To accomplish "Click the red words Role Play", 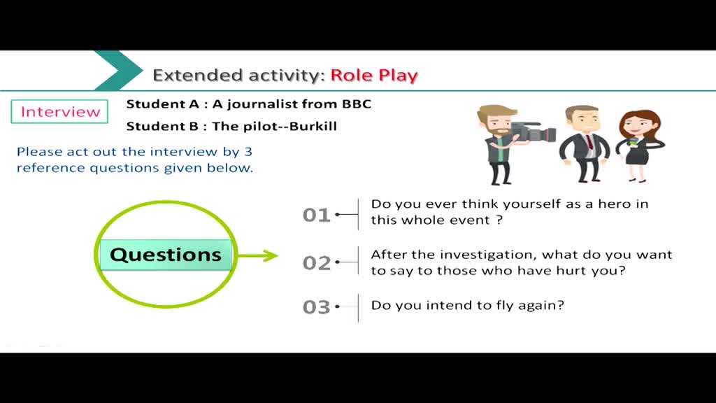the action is pos(374,76).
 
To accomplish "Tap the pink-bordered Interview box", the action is pos(59,111).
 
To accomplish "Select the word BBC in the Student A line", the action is pos(357,104).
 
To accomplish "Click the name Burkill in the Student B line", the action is pos(313,126).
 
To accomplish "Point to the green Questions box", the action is pos(166,255).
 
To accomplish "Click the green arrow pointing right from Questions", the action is pos(257,255).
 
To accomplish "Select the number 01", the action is pos(317,215).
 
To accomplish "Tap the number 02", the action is pos(317,263).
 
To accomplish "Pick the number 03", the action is pos(317,307).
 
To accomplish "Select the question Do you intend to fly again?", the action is pos(468,305).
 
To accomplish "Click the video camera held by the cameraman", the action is pos(534,132).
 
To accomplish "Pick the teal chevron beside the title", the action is pos(118,71).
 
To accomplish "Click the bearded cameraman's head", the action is pos(495,120).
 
